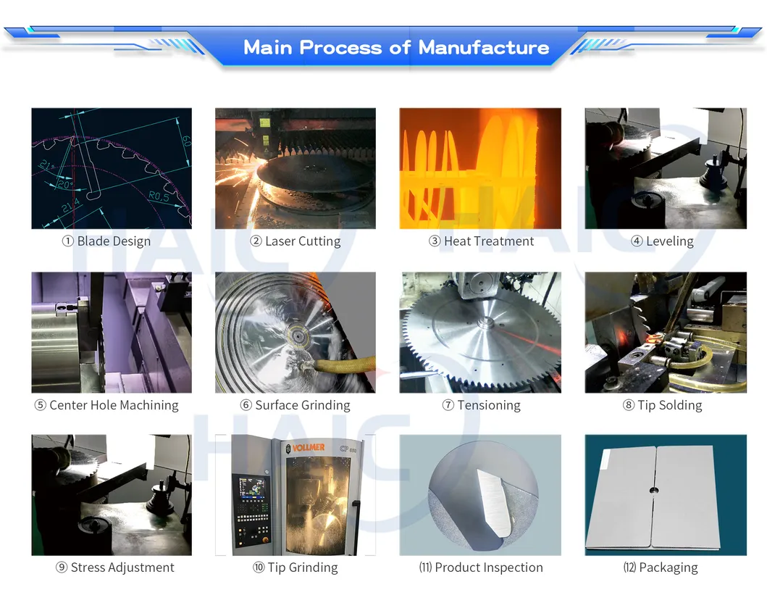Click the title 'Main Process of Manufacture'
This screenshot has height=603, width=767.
pyautogui.click(x=396, y=48)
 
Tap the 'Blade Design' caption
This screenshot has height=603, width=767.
pyautogui.click(x=114, y=241)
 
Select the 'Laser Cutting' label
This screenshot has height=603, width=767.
pyautogui.click(x=303, y=241)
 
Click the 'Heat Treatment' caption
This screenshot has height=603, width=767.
pyautogui.click(x=489, y=241)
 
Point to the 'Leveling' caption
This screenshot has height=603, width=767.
pyautogui.click(x=670, y=241)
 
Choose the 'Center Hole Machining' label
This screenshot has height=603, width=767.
pyautogui.click(x=114, y=405)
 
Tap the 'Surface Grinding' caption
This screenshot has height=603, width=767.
pyautogui.click(x=303, y=405)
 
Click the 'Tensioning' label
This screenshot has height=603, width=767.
pyautogui.click(x=489, y=405)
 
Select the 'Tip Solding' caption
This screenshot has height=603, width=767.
pyautogui.click(x=670, y=405)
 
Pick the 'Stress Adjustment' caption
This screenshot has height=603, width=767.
pyautogui.click(x=122, y=567)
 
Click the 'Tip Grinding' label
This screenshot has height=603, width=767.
pyautogui.click(x=303, y=567)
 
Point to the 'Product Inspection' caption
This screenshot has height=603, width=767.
pyautogui.click(x=489, y=567)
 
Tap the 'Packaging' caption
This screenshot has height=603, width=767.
pyautogui.click(x=668, y=567)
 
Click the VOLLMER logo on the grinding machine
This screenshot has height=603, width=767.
pyautogui.click(x=308, y=447)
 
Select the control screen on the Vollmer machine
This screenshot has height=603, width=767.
pyautogui.click(x=251, y=490)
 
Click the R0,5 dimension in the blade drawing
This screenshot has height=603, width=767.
pyautogui.click(x=159, y=196)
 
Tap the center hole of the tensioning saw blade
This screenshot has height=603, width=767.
pyautogui.click(x=485, y=322)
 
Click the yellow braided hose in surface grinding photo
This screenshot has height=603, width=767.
pyautogui.click(x=343, y=364)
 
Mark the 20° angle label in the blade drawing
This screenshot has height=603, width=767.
pyautogui.click(x=65, y=185)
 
